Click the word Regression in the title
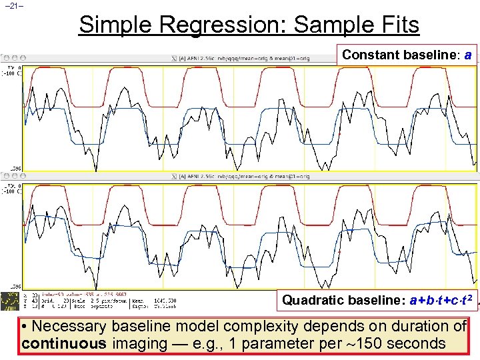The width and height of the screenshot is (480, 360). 220,25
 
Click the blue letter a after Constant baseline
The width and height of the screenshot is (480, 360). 468,55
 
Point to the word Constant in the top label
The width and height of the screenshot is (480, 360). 369,55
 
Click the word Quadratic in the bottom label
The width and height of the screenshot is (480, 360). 309,300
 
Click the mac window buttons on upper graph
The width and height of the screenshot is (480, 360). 15,57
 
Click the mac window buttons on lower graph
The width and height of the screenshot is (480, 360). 15,176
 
